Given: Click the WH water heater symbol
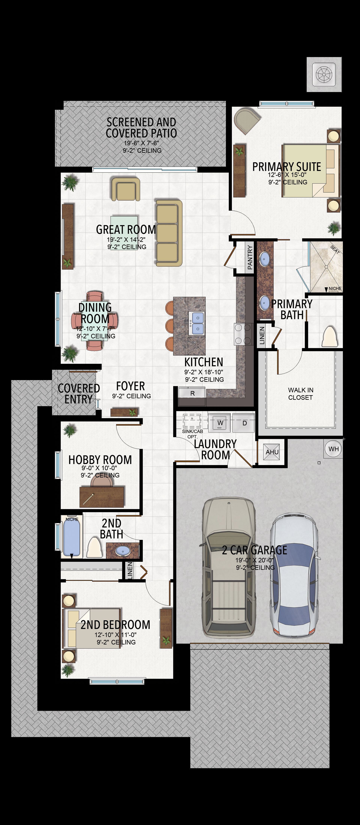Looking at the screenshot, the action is tap(333, 449).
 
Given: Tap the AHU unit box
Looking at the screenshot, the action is tap(272, 452).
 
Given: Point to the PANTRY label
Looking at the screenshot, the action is tap(250, 257).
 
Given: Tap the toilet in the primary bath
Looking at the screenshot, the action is tap(330, 336).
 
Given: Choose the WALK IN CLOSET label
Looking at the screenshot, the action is tap(300, 394).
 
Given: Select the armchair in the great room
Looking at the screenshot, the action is tap(126, 189).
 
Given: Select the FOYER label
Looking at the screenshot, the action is tap(130, 386).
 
